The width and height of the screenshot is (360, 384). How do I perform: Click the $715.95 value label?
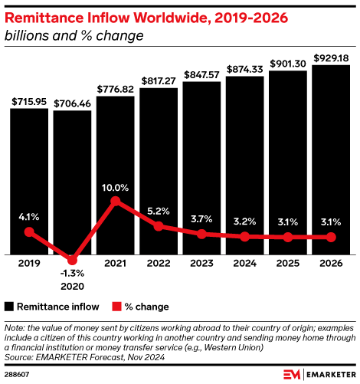29,102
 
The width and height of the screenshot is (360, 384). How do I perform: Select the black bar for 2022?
159,171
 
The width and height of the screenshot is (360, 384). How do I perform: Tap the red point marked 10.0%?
116,201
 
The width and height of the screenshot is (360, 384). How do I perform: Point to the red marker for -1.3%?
72,260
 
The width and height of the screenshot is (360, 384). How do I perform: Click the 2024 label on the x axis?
244,263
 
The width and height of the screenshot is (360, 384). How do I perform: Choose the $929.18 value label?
331,58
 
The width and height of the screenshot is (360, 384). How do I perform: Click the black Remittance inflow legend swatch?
9,307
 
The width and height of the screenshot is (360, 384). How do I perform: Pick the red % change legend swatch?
116,307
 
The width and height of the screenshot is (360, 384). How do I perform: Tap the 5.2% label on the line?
159,211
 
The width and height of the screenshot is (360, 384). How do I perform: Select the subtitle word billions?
27,35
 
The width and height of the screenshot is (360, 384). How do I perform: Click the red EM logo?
292,375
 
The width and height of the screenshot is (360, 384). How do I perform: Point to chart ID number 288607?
17,375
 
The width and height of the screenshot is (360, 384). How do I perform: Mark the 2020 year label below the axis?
72,286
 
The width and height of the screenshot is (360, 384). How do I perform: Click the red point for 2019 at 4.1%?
29,232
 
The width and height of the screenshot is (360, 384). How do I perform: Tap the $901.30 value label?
288,64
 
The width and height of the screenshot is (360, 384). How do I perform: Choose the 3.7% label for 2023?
201,219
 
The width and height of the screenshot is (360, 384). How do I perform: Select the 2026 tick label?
331,263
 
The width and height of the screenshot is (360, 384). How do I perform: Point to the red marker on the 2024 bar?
244,237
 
